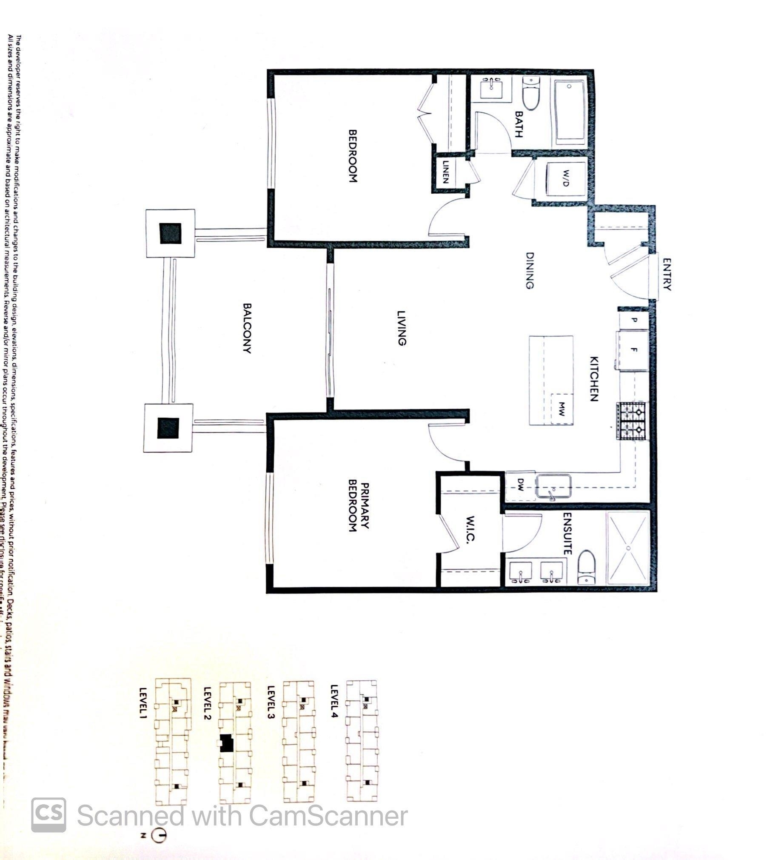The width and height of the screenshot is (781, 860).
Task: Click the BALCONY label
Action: [247, 328]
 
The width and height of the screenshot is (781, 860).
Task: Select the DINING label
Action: [530, 270]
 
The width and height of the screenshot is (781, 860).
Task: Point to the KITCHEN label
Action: [594, 379]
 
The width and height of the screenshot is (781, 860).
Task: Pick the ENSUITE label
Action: [567, 533]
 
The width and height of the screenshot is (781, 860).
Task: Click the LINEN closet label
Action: [445, 172]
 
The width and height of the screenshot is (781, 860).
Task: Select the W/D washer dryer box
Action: [565, 178]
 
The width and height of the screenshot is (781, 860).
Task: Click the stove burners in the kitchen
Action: [632, 421]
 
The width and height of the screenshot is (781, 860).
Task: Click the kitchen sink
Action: [553, 486]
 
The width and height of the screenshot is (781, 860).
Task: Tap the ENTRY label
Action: [667, 274]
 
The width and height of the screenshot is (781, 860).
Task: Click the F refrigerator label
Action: [634, 350]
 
